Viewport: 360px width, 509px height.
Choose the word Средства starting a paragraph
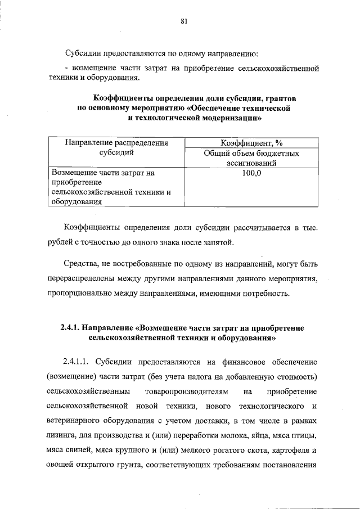point(80,263)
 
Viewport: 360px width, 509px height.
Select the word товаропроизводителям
point(187,390)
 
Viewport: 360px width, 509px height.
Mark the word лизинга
point(62,436)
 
